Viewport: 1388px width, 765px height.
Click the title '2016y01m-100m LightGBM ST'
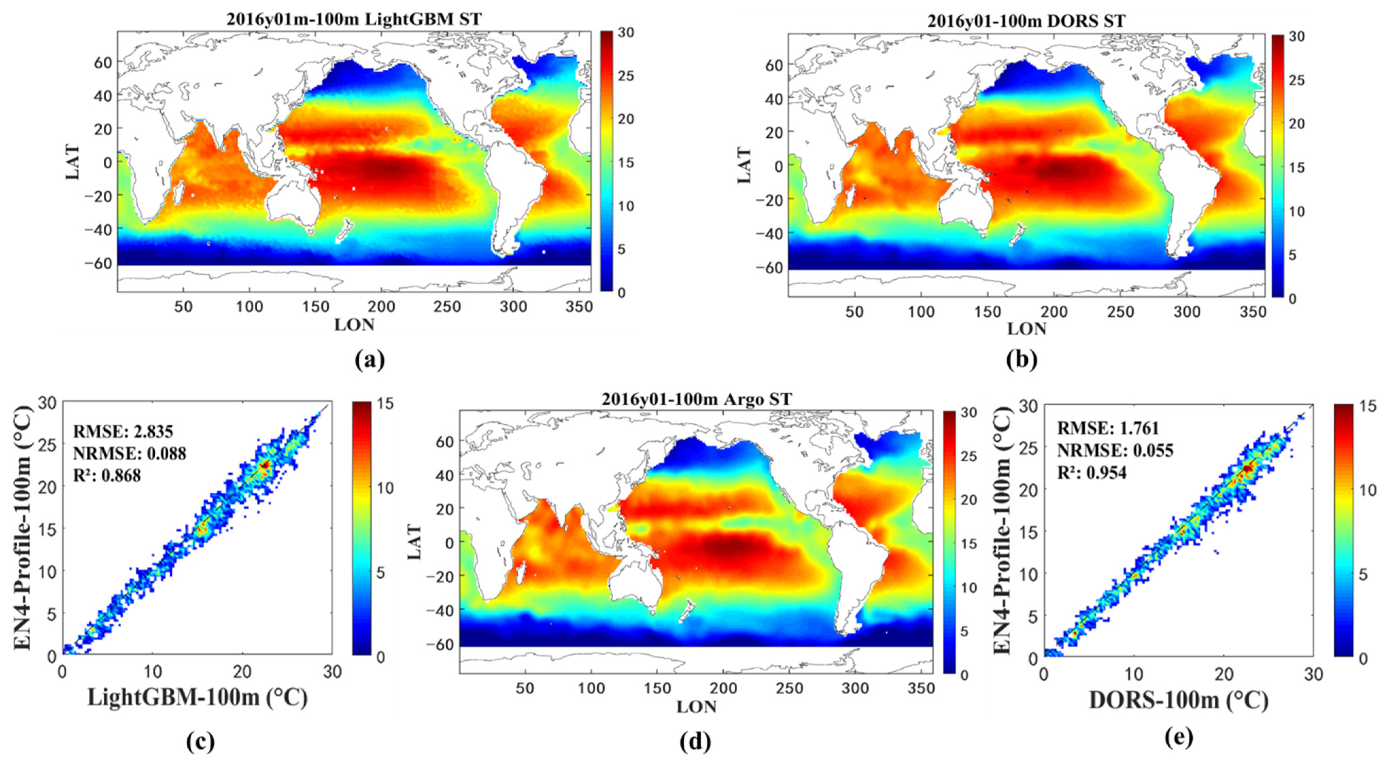click(354, 19)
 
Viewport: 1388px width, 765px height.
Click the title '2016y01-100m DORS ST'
click(1026, 21)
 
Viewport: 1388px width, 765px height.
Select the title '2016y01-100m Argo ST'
click(697, 399)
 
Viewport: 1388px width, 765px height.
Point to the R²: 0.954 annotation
click(1092, 473)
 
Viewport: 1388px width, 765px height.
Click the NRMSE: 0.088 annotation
click(130, 453)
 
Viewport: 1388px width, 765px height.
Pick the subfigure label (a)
click(370, 360)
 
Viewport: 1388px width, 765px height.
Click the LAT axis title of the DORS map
click(744, 165)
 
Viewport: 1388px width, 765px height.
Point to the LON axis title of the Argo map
click(696, 706)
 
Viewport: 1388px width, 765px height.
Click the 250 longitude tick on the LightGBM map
click(447, 307)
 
